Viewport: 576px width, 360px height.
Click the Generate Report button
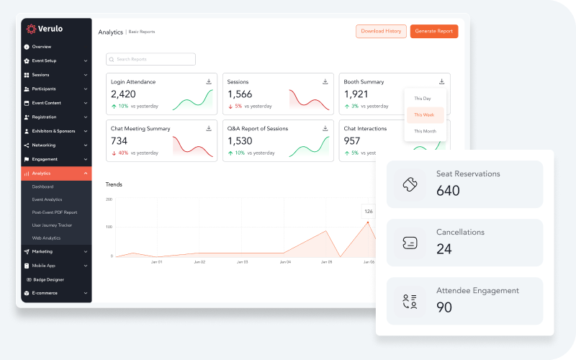433,31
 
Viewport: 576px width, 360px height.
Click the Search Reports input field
150,59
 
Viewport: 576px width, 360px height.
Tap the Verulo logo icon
31,29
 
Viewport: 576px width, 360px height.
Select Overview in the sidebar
41,47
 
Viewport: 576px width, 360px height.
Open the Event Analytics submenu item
47,199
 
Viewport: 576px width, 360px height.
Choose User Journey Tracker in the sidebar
52,225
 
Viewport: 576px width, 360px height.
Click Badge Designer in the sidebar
48,279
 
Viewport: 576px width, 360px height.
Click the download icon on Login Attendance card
209,81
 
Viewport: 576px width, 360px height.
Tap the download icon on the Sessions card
325,81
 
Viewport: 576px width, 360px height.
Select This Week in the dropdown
425,115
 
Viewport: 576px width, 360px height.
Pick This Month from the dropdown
425,131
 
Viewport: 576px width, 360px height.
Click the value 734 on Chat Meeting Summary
119,141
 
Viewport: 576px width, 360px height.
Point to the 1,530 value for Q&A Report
240,141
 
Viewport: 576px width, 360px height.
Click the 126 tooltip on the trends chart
369,211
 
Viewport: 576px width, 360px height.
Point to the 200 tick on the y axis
109,199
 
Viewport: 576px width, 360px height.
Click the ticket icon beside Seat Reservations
410,184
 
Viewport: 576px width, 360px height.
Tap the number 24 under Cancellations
444,249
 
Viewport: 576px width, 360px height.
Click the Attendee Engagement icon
410,301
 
